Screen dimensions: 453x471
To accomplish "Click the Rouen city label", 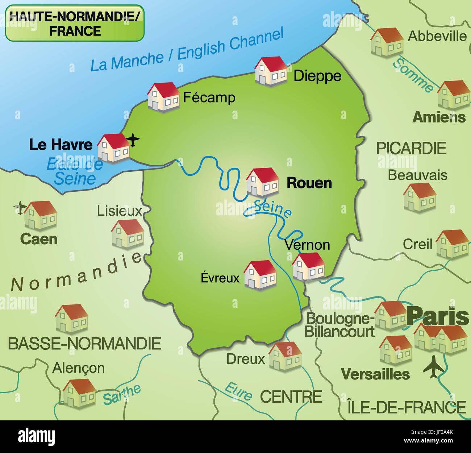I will coord(309,183).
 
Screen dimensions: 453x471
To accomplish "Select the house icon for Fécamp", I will coord(163,96).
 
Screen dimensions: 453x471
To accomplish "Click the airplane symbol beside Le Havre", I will coord(133,140).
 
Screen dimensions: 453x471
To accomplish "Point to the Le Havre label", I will coord(61,145).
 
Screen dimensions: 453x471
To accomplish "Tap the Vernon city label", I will coord(307,245).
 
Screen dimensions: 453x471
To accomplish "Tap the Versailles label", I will coord(376,374).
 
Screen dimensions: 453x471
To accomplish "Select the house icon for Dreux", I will coord(285,356).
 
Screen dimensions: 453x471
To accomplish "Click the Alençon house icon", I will coord(79,392).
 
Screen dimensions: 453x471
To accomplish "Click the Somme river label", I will coord(413,75).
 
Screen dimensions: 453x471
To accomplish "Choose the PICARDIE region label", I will coord(411,148).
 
